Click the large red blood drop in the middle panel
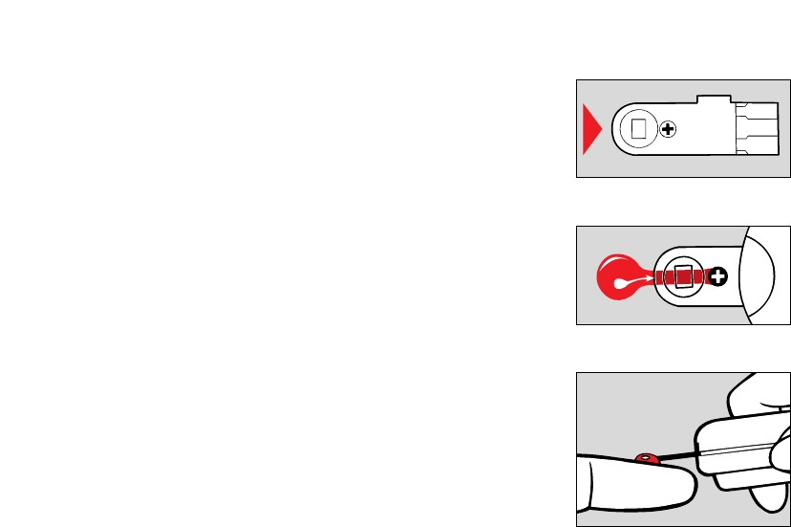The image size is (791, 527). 619,276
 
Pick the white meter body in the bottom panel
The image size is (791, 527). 745,450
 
